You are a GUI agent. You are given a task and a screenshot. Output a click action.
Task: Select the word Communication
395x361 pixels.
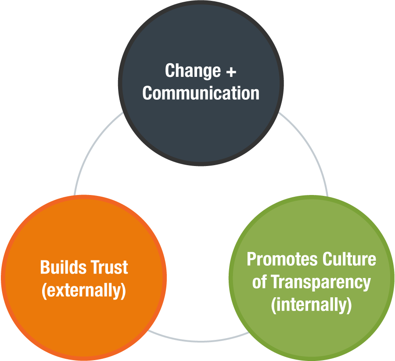click(x=201, y=93)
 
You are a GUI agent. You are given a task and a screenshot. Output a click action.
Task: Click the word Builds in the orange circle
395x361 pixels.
click(x=60, y=267)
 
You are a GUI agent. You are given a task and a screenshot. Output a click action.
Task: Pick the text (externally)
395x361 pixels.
click(x=84, y=291)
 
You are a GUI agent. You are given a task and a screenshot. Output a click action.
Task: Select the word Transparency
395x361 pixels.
click(x=321, y=282)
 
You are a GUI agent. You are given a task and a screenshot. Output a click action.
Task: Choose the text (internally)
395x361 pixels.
click(x=311, y=305)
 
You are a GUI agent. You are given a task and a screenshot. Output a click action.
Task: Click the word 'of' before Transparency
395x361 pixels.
click(x=259, y=282)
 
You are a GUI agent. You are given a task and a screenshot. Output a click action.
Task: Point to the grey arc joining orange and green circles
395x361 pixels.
click(x=197, y=339)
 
